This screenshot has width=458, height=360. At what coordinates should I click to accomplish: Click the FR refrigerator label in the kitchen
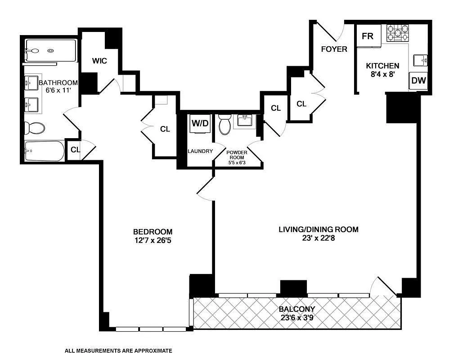pos(368,36)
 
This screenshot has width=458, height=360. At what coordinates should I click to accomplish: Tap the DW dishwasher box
pos(418,81)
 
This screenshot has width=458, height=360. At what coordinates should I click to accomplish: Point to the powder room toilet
pos(225,125)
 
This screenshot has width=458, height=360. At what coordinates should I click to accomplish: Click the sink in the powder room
pos(245,121)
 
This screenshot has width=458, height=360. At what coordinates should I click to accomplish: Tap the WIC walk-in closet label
pos(99,61)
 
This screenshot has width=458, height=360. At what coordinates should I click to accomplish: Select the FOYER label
pos(334,49)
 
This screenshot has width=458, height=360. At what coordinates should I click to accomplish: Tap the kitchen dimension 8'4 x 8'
pos(382,74)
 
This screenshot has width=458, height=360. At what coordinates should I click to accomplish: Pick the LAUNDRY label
pos(200,151)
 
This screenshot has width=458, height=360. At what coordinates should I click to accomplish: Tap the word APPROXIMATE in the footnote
pos(151,351)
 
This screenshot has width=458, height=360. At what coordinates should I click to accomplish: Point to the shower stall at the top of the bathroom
pos(50,50)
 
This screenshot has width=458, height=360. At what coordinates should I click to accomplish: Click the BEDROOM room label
pos(153,232)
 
